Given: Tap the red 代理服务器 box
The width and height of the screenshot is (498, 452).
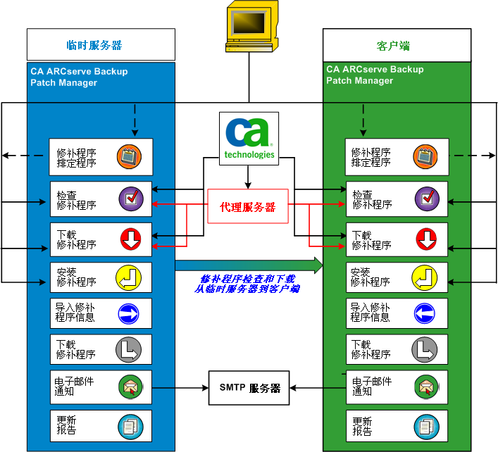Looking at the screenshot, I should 248,207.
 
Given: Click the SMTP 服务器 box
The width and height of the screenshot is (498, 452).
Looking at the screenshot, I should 249,388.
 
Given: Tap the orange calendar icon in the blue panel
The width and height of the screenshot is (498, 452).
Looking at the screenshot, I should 130,157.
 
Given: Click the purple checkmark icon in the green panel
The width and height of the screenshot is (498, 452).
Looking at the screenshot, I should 427,199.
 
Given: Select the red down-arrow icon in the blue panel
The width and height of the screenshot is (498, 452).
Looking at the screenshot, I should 130,239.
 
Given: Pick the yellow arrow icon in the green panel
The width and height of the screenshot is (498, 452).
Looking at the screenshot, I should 425,277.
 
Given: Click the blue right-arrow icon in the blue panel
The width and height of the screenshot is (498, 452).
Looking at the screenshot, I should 130,313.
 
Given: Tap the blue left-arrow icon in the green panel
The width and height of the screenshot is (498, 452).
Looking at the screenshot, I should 425,313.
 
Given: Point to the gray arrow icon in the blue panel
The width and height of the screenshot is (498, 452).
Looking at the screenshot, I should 130,349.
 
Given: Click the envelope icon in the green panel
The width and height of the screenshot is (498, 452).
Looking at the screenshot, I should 425,387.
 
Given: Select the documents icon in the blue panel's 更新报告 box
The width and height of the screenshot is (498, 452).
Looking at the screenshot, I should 130,425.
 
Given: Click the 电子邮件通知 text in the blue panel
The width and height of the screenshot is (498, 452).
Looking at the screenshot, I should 75,387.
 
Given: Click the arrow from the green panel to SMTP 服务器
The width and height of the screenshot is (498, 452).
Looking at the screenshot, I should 317,388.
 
